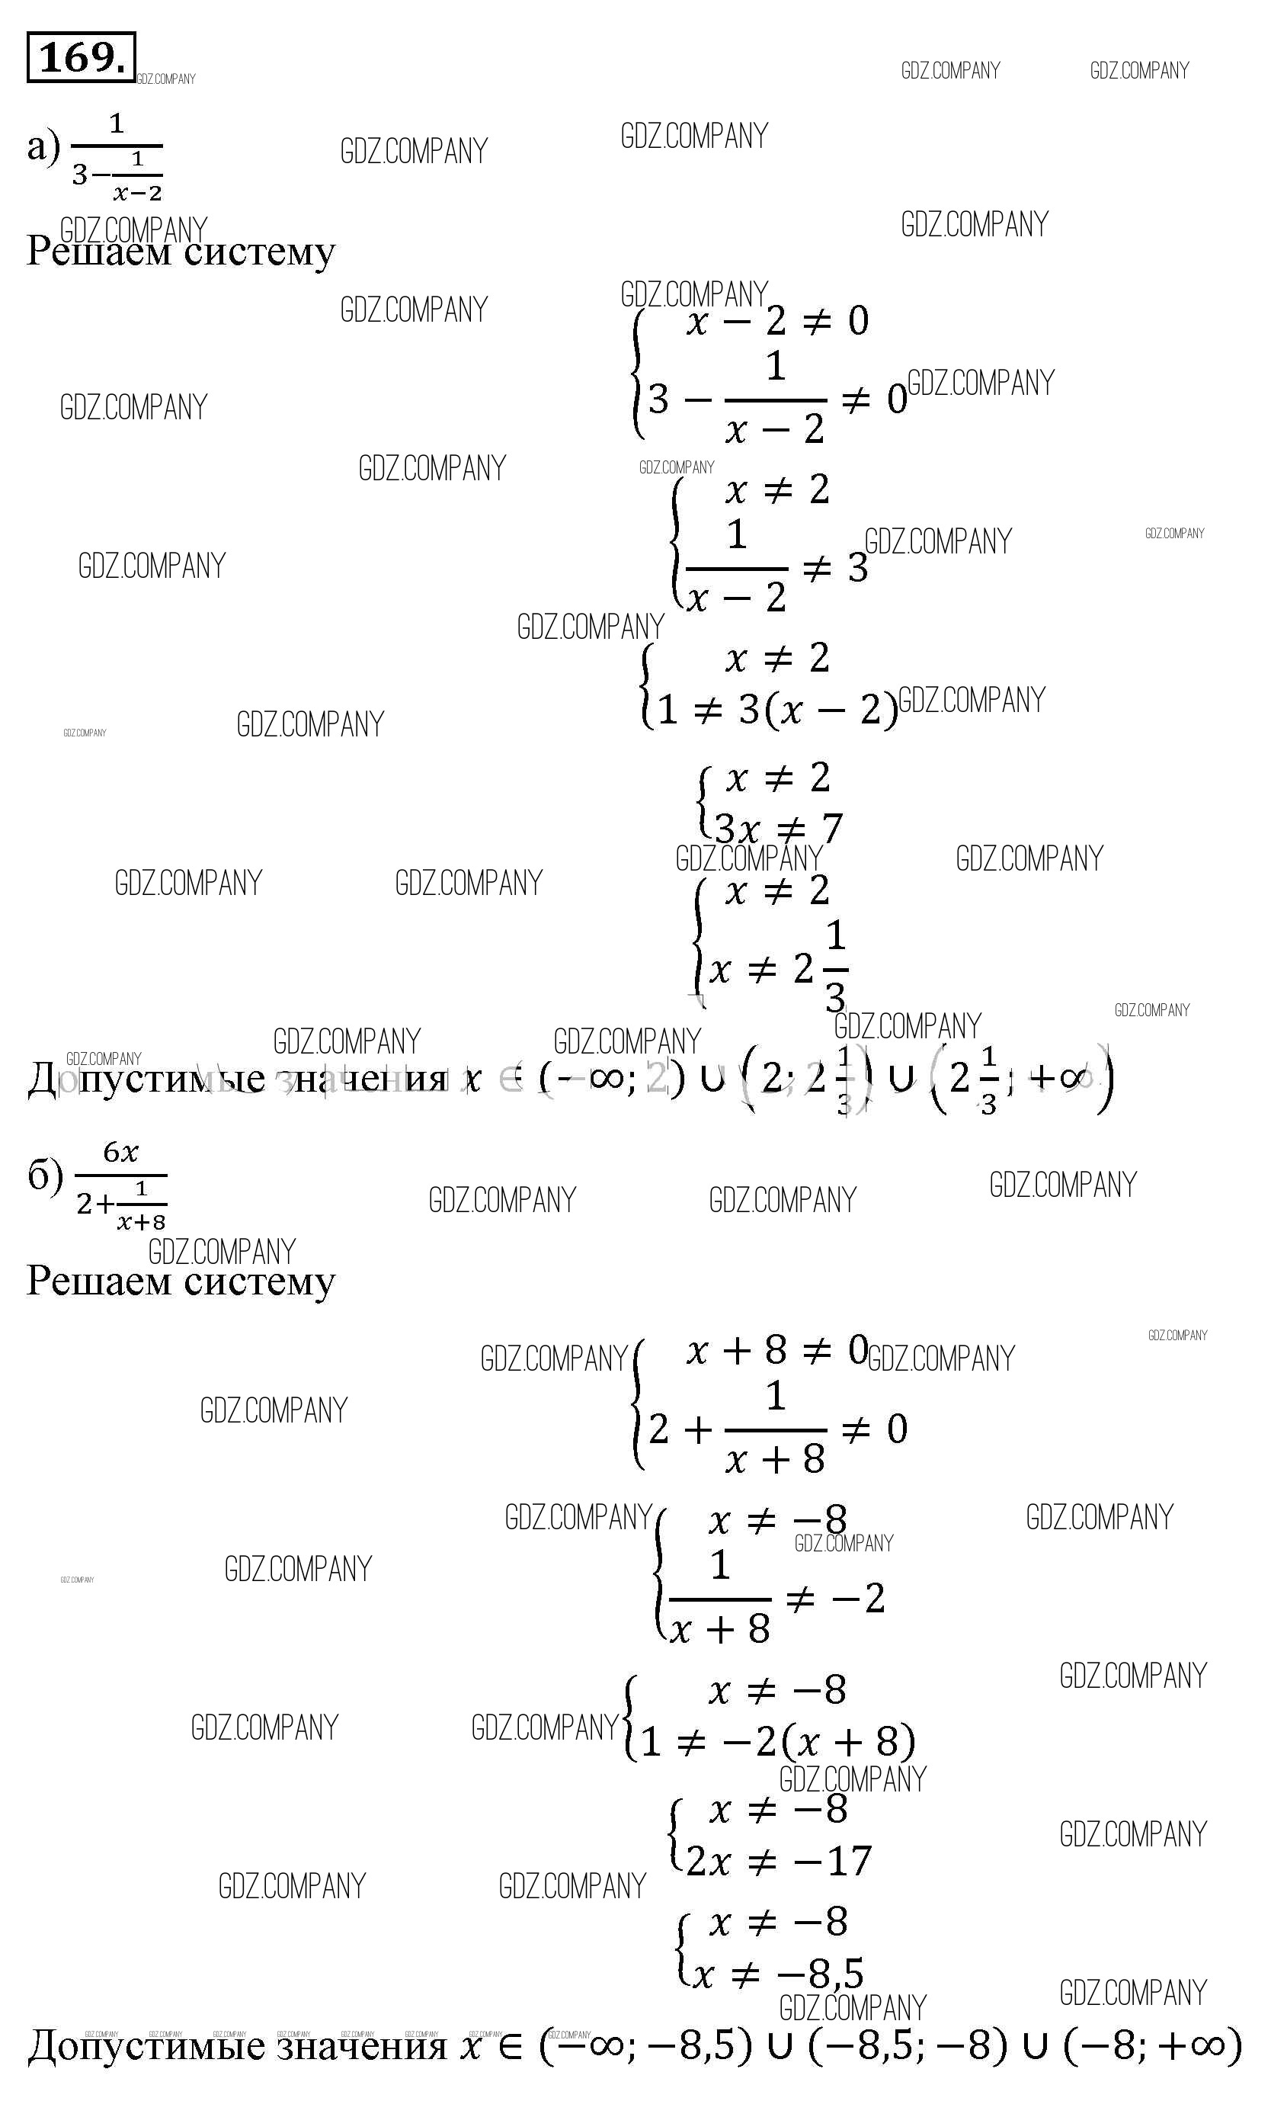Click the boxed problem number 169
[x=81, y=58]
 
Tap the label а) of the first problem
[x=43, y=146]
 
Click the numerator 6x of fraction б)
[x=120, y=1153]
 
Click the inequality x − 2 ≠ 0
[x=777, y=322]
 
